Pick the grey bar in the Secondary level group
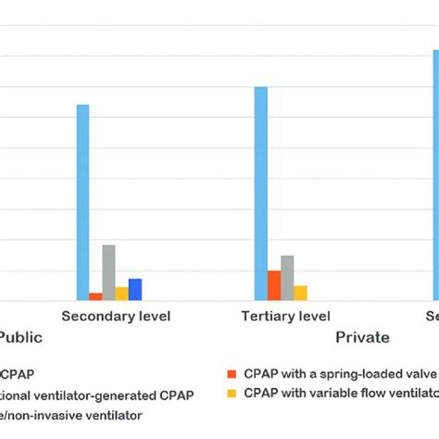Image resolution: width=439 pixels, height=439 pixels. pyautogui.click(x=108, y=272)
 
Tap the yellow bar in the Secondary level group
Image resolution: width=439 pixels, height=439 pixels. pyautogui.click(x=121, y=294)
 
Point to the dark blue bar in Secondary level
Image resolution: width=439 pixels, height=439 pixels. pyautogui.click(x=135, y=289)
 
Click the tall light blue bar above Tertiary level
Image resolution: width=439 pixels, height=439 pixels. pyautogui.click(x=261, y=194)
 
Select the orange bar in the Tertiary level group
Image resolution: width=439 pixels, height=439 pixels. pyautogui.click(x=274, y=285)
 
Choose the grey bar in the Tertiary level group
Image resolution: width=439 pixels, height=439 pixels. pyautogui.click(x=287, y=278)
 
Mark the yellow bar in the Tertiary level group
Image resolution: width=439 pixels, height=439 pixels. pyautogui.click(x=300, y=293)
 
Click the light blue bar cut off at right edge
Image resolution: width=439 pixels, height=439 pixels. pyautogui.click(x=435, y=175)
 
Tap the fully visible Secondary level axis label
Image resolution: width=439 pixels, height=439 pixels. pyautogui.click(x=116, y=316)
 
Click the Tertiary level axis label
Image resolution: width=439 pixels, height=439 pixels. pyautogui.click(x=285, y=316)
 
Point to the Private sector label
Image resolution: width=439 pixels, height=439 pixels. pyautogui.click(x=362, y=337)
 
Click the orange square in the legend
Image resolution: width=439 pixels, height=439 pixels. pyautogui.click(x=232, y=374)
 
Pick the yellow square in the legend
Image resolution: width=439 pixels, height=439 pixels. pyautogui.click(x=232, y=394)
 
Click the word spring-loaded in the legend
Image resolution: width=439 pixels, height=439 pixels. pyautogui.click(x=354, y=373)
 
